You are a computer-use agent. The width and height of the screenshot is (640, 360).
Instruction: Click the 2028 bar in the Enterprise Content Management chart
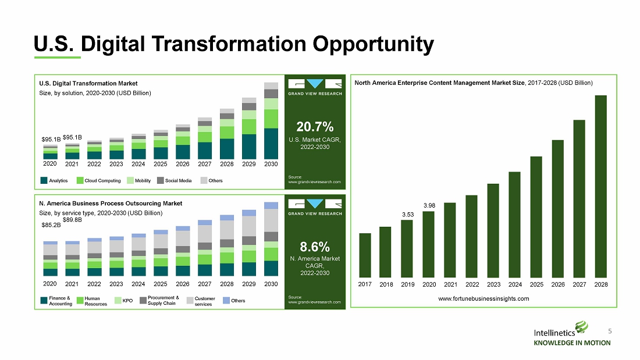(601, 187)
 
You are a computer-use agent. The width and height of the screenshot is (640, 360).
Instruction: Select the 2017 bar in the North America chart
(365, 255)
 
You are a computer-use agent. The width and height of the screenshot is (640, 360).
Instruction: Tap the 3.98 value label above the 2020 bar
(429, 205)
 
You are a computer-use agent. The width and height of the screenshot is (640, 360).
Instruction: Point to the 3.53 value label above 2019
(408, 214)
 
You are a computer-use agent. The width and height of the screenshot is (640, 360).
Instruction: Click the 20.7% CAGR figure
(315, 127)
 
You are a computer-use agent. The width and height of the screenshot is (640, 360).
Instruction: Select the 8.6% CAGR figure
(315, 247)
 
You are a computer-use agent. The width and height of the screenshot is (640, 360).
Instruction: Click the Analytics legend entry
(54, 180)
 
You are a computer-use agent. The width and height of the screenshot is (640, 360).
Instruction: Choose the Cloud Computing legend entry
(99, 180)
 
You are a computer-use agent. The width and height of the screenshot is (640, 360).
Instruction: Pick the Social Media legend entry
(175, 180)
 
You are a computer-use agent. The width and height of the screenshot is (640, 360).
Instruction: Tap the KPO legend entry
(124, 301)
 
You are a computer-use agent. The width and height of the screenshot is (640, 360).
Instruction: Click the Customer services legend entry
(201, 301)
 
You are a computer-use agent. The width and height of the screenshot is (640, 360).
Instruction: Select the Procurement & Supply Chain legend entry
(159, 301)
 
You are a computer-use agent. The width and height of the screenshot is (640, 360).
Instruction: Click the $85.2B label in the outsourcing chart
(51, 225)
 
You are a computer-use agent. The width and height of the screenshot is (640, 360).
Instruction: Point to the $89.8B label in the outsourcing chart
(72, 220)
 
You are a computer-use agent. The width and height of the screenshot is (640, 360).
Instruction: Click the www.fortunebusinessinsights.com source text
(483, 298)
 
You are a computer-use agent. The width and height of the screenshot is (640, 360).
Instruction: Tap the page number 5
(610, 331)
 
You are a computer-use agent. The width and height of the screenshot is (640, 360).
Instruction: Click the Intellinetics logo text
(554, 333)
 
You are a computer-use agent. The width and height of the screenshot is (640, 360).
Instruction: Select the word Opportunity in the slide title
(373, 44)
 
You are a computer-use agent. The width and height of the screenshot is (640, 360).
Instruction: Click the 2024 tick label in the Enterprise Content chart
(515, 284)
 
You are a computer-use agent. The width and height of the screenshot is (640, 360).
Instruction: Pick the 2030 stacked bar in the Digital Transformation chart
(271, 121)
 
